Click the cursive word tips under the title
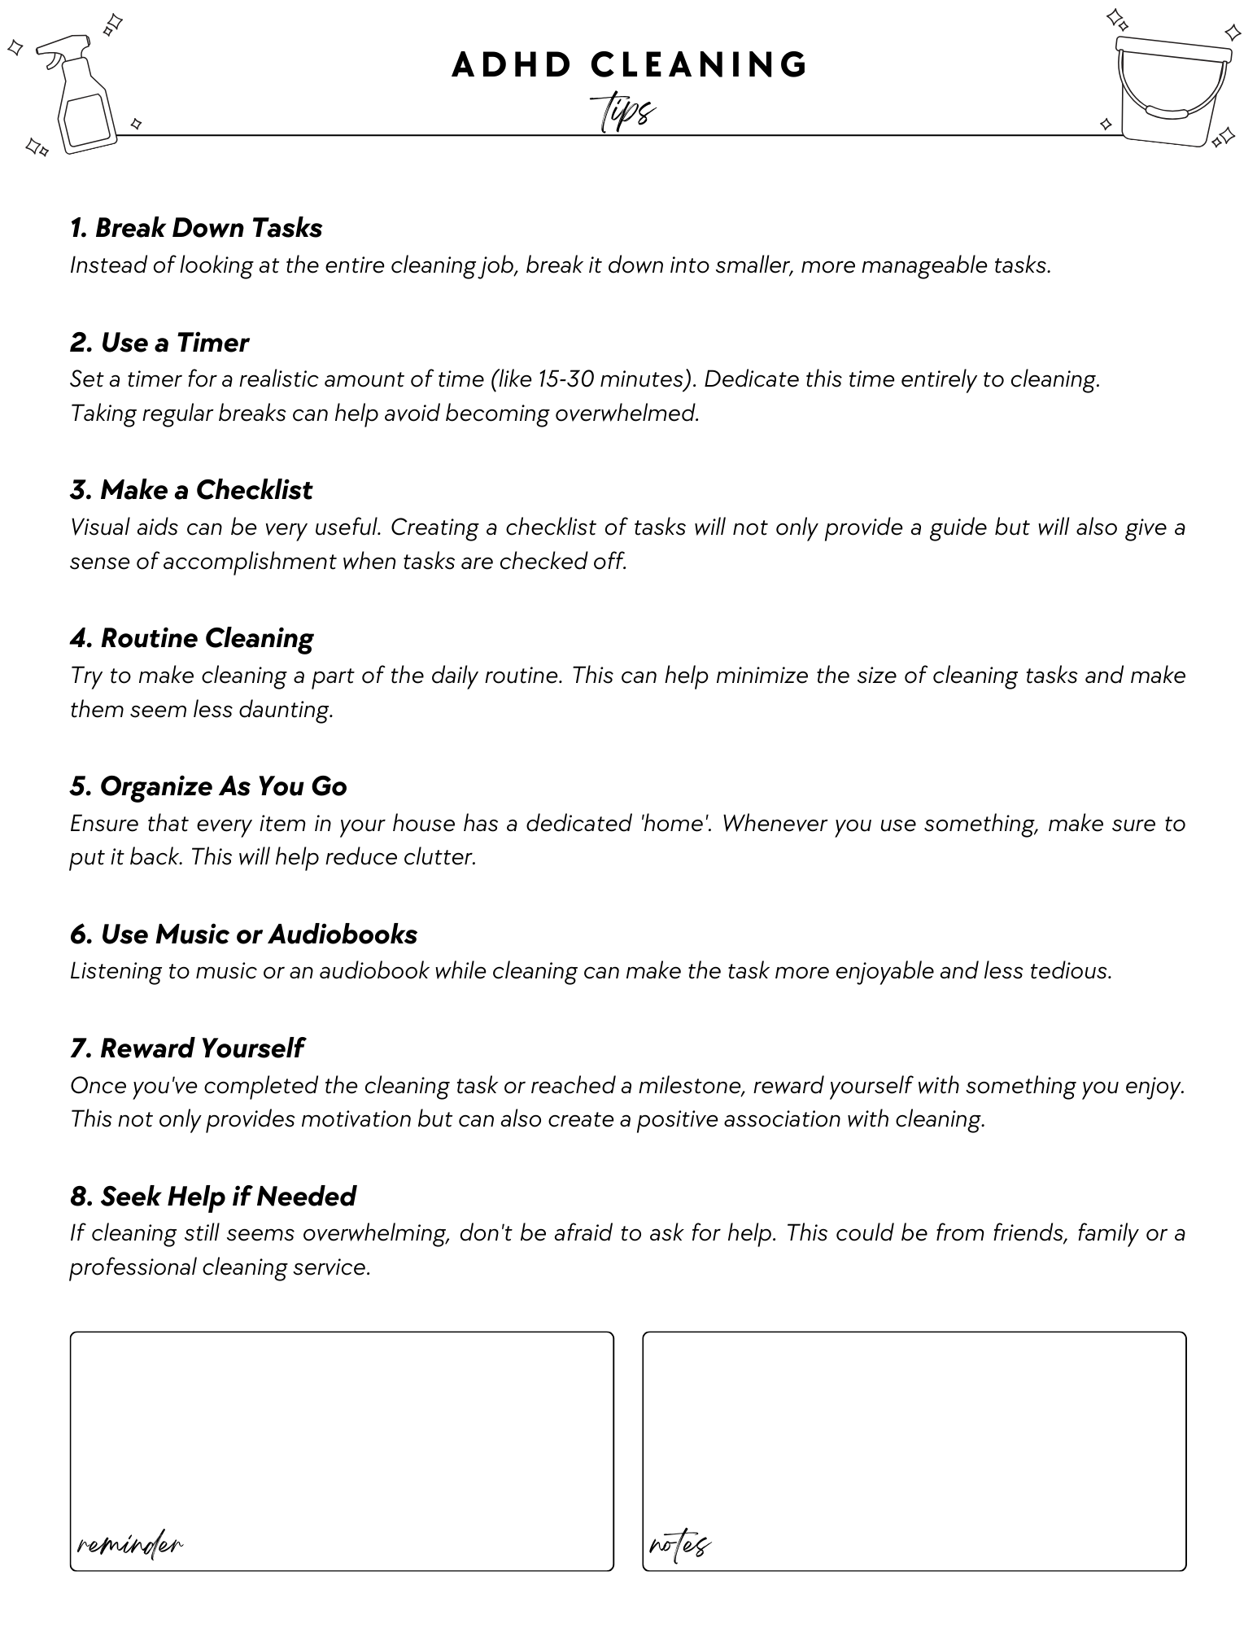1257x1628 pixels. (623, 112)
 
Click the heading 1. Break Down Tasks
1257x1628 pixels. (196, 228)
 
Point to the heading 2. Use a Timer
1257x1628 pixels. (159, 343)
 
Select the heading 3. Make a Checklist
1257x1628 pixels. (191, 490)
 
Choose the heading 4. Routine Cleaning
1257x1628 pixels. (191, 638)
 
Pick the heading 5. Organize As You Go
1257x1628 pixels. (208, 786)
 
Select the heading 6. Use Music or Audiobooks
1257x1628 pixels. (243, 934)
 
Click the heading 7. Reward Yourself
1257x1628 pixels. (186, 1048)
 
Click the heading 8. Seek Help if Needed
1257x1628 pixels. (212, 1197)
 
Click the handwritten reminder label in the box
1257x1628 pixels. (130, 1543)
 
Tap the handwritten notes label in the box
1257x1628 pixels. (680, 1543)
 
